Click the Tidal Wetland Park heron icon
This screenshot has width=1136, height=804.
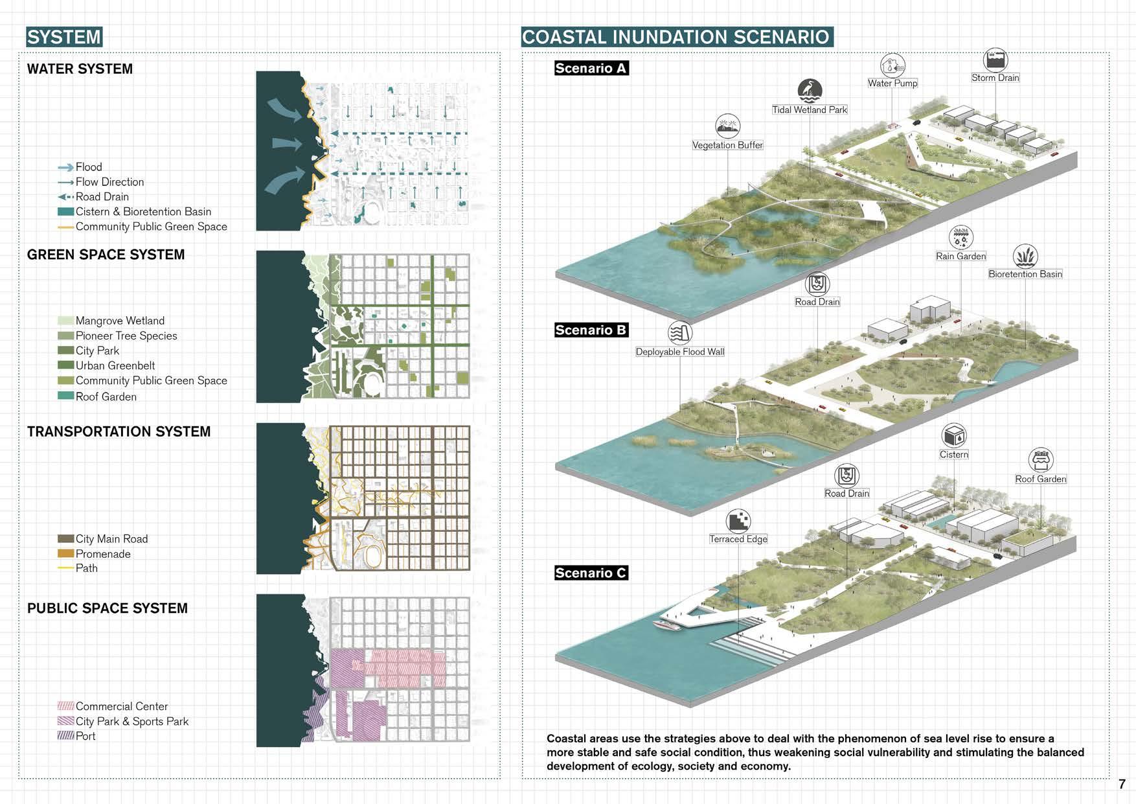810,91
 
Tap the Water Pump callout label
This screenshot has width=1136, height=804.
892,83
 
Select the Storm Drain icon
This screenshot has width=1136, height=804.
995,60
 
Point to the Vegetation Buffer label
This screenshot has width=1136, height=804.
727,145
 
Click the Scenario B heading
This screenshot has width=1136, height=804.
591,330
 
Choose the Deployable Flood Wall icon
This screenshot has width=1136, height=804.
680,333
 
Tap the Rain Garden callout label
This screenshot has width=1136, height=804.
960,256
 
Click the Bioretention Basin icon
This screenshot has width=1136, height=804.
1025,256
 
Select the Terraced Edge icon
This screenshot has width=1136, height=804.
738,521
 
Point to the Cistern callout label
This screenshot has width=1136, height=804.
954,454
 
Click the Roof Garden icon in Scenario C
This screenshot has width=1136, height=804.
1041,460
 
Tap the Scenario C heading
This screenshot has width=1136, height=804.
591,573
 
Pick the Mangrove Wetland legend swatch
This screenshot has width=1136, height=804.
65,321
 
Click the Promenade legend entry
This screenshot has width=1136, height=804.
103,554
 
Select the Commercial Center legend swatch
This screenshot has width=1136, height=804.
65,706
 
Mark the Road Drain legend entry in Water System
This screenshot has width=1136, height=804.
102,197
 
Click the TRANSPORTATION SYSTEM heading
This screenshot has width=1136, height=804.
119,431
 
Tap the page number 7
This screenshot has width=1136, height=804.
1122,784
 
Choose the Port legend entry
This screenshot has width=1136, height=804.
85,736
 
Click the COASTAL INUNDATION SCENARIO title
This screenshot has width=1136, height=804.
676,37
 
